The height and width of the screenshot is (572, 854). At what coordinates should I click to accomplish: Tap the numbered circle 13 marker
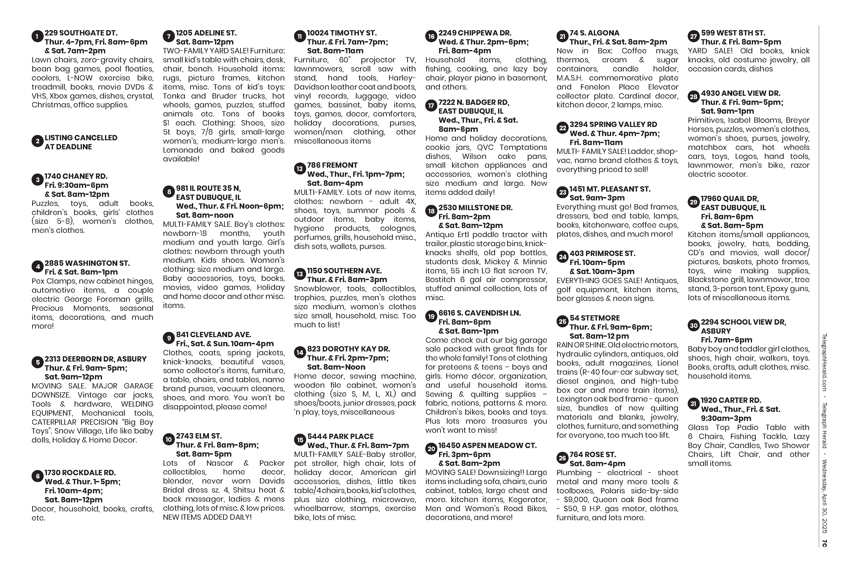point(299,274)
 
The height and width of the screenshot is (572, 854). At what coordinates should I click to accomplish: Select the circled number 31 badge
point(693,404)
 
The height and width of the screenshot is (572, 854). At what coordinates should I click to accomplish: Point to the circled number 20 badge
point(431,449)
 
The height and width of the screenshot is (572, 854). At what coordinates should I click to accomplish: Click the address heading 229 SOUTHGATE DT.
point(81,33)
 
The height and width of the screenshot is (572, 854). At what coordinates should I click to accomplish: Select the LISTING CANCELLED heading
point(81,138)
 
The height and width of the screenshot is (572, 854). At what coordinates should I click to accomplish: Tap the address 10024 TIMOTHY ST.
point(342,33)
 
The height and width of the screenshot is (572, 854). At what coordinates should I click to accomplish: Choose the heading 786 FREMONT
point(332,165)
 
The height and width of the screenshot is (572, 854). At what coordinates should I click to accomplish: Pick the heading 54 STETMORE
point(595,318)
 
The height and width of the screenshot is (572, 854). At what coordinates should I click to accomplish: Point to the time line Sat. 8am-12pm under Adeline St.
point(205,42)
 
